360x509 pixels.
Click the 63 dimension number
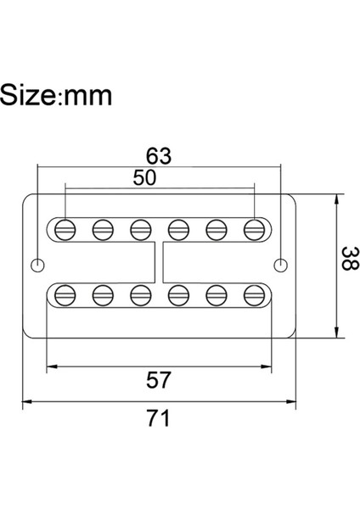click(x=159, y=156)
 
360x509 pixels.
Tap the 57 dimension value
click(x=159, y=381)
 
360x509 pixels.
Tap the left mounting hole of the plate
click(x=37, y=265)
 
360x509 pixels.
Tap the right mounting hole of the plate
click(x=279, y=265)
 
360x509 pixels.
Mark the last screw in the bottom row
click(x=254, y=294)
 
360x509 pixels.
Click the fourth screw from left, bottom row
click(x=179, y=294)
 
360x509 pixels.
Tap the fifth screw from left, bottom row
click(x=217, y=294)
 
